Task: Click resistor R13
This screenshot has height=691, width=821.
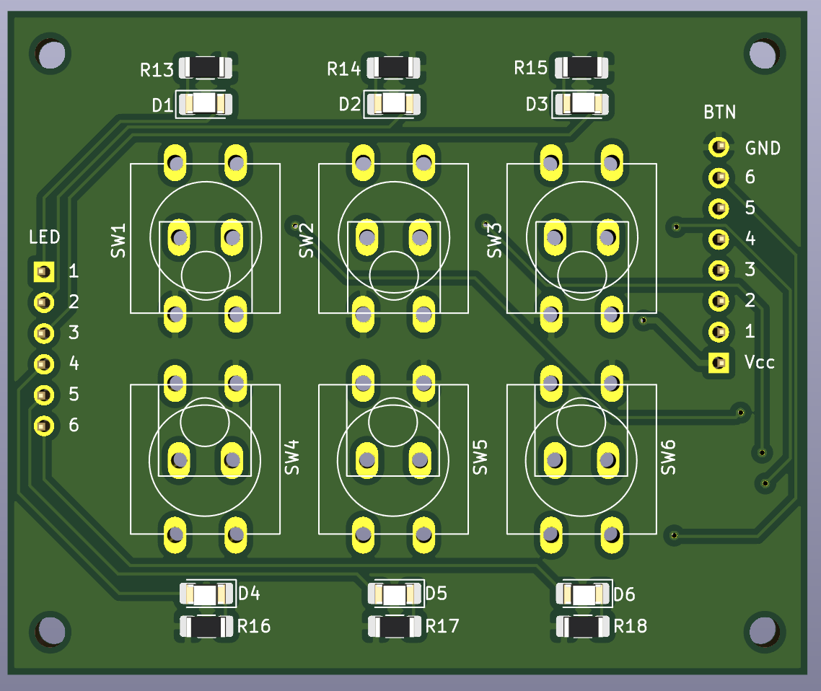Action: click(205, 68)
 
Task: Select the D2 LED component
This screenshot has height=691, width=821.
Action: click(393, 104)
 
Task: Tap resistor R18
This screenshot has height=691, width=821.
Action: click(583, 627)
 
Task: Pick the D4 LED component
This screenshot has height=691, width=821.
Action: click(206, 594)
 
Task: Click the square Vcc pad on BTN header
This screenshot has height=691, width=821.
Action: click(719, 362)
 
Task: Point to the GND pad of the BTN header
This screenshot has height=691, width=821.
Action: click(719, 147)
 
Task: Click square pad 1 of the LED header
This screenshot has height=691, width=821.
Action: click(44, 272)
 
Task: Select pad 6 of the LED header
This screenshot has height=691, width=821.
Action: click(44, 426)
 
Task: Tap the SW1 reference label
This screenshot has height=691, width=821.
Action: click(118, 240)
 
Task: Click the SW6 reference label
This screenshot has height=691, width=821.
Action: click(668, 457)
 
